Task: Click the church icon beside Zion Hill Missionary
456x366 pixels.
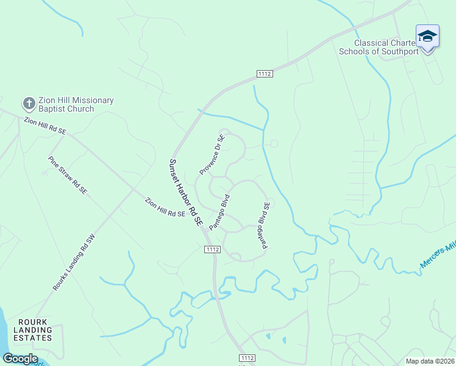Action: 29,103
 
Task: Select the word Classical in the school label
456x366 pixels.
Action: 371,43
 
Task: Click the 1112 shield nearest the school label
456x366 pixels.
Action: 264,73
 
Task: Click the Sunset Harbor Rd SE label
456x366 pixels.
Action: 185,193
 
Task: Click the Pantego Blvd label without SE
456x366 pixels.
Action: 219,212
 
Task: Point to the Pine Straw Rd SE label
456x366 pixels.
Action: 68,175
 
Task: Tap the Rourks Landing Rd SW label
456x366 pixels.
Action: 74,262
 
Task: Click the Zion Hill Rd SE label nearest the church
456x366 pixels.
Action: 45,126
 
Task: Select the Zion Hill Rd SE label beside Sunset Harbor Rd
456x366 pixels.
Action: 165,207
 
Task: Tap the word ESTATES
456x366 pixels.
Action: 34,337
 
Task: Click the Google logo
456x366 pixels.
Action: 20,359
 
